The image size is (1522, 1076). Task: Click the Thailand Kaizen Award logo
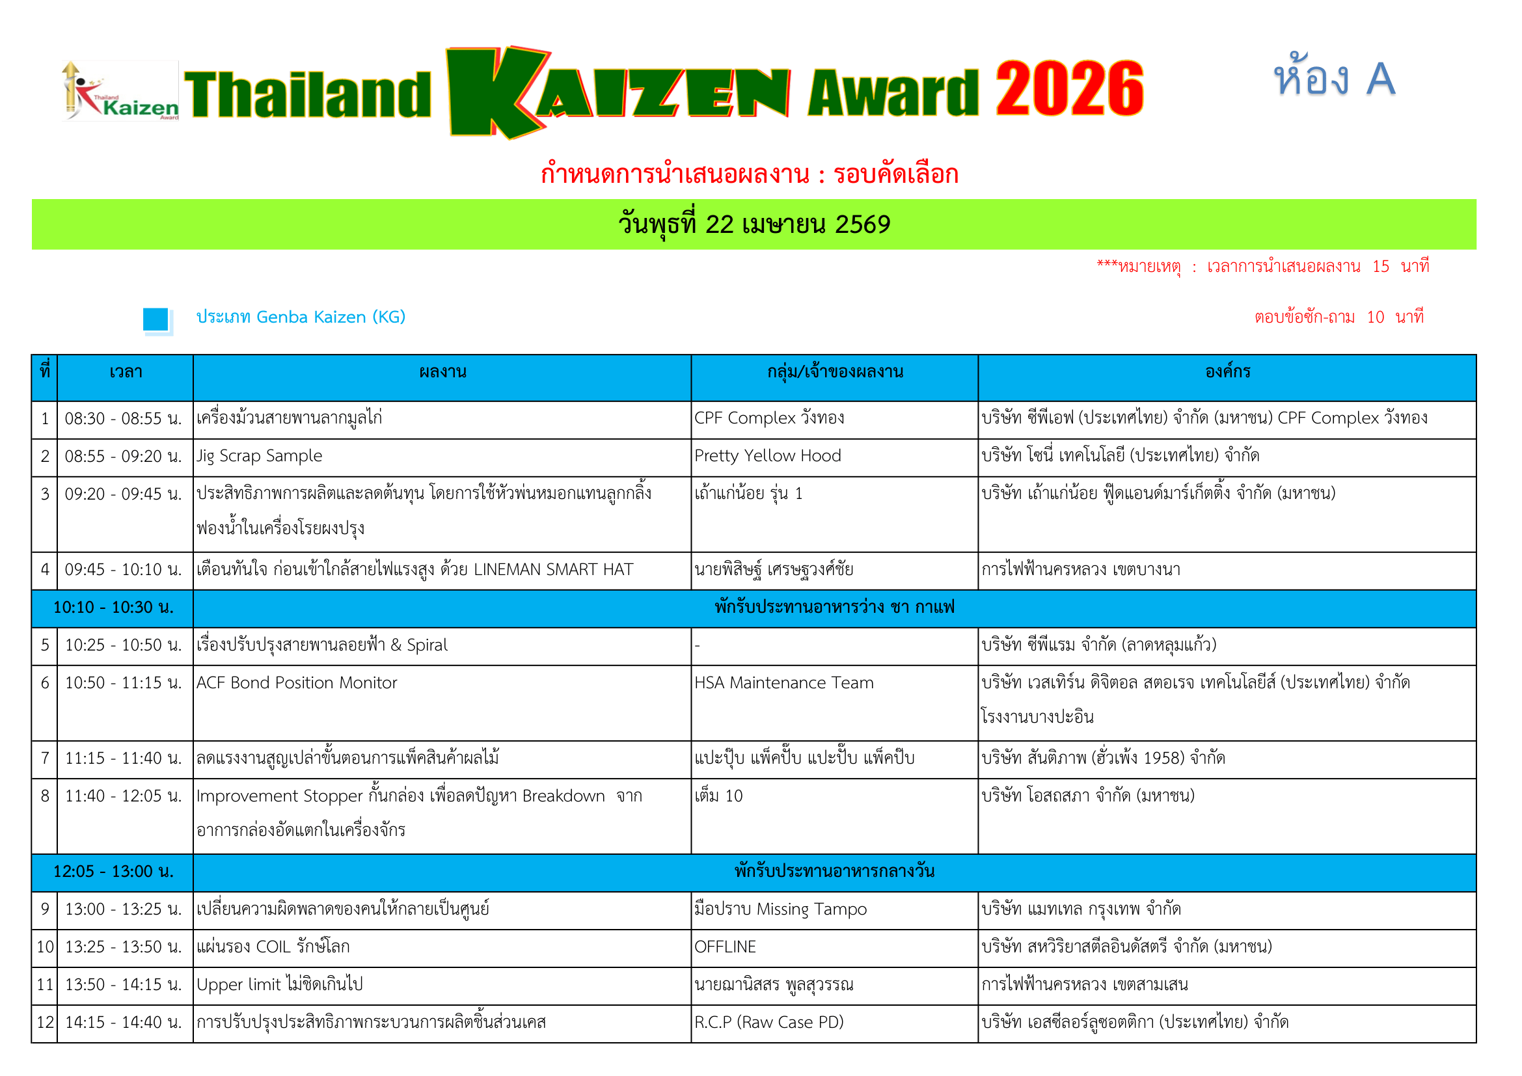pos(120,91)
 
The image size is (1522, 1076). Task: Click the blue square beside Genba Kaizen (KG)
pos(156,319)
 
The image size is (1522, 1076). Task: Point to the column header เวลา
pos(126,371)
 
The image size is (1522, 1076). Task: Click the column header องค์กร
pos(1228,371)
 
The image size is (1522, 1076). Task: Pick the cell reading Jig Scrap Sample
pos(259,457)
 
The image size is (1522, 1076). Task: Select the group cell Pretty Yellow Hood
pos(768,456)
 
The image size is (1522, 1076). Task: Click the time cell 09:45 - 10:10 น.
pos(123,570)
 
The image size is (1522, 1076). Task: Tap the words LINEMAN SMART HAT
pos(554,570)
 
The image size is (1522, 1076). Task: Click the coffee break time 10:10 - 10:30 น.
pos(113,608)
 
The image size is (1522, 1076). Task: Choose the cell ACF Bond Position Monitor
pos(296,683)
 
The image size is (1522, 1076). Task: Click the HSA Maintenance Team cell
pos(783,683)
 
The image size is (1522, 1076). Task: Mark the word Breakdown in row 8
pos(564,796)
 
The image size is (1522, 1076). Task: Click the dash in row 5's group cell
pos(698,646)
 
